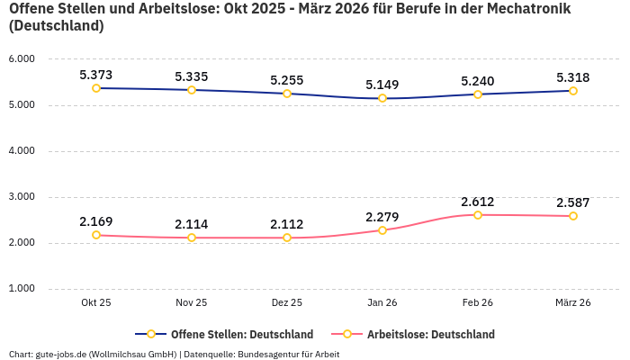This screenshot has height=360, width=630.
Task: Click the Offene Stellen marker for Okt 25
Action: pos(96,88)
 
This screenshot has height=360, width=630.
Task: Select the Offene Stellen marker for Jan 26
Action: pos(382,98)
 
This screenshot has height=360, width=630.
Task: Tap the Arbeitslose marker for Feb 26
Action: pos(478,215)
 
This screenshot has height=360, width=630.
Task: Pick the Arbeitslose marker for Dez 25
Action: pos(287,238)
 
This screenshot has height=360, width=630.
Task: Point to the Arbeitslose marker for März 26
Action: pos(573,216)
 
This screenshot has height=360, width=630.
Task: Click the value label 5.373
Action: pos(96,75)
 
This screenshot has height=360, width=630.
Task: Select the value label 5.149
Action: pos(382,85)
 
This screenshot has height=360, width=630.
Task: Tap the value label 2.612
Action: pos(478,202)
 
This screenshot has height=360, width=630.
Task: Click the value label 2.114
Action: pos(192,224)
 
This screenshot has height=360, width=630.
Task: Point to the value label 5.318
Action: pos(573,77)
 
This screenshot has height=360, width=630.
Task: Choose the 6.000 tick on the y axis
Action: pos(22,59)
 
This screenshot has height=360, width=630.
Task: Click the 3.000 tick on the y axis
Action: pos(22,197)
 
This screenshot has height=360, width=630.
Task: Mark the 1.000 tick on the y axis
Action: pos(22,289)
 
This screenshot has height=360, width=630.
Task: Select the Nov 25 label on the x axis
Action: pos(192,303)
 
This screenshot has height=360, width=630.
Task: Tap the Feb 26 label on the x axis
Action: pos(478,303)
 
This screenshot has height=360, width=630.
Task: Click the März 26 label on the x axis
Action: pos(573,303)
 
